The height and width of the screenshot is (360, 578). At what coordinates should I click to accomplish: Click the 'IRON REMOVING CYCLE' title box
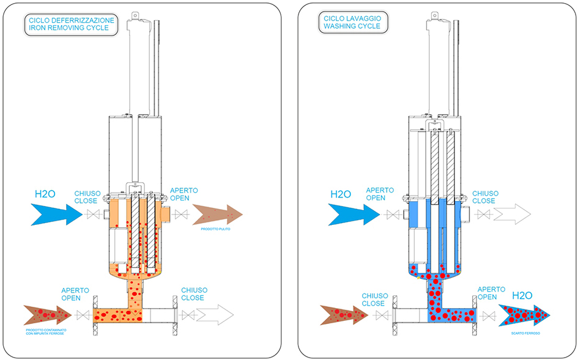pyautogui.click(x=71, y=24)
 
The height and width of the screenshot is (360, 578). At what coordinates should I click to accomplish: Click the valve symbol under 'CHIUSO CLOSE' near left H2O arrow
pyautogui.click(x=93, y=215)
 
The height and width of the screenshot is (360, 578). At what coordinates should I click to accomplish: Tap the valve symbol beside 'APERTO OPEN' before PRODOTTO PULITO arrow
pyautogui.click(x=181, y=215)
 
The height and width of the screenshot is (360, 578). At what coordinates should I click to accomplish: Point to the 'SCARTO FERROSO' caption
pyautogui.click(x=524, y=333)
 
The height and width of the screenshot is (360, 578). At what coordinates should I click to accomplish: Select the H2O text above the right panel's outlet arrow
pyautogui.click(x=521, y=295)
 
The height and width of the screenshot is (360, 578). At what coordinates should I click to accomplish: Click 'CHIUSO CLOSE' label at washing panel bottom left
pyautogui.click(x=373, y=299)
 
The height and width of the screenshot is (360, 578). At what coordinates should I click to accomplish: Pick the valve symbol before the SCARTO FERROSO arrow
pyautogui.click(x=487, y=315)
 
